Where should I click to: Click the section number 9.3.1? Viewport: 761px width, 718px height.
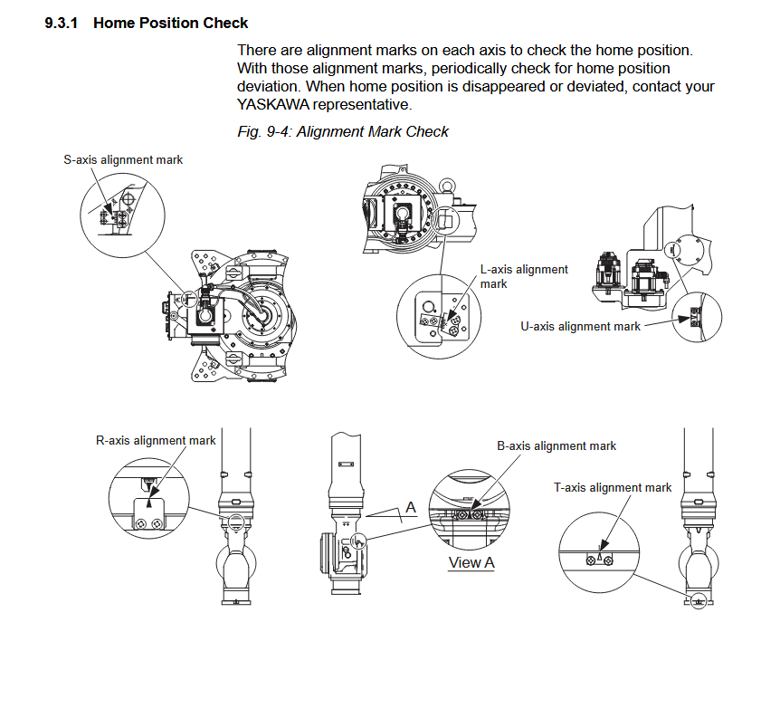point(62,22)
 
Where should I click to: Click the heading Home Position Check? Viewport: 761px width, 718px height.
point(170,22)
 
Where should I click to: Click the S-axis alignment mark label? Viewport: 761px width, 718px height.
point(123,159)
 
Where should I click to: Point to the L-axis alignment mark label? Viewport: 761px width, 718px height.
point(524,276)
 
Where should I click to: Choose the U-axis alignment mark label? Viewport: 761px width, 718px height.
point(580,326)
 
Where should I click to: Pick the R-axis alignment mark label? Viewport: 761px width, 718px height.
point(156,440)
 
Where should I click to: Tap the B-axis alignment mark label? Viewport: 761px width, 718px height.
point(556,445)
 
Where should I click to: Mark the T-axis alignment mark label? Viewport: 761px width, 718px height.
point(613,487)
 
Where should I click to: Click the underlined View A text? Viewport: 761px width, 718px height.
point(471,562)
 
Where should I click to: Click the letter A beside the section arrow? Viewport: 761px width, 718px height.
point(410,508)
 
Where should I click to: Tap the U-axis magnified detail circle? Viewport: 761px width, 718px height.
point(696,315)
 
